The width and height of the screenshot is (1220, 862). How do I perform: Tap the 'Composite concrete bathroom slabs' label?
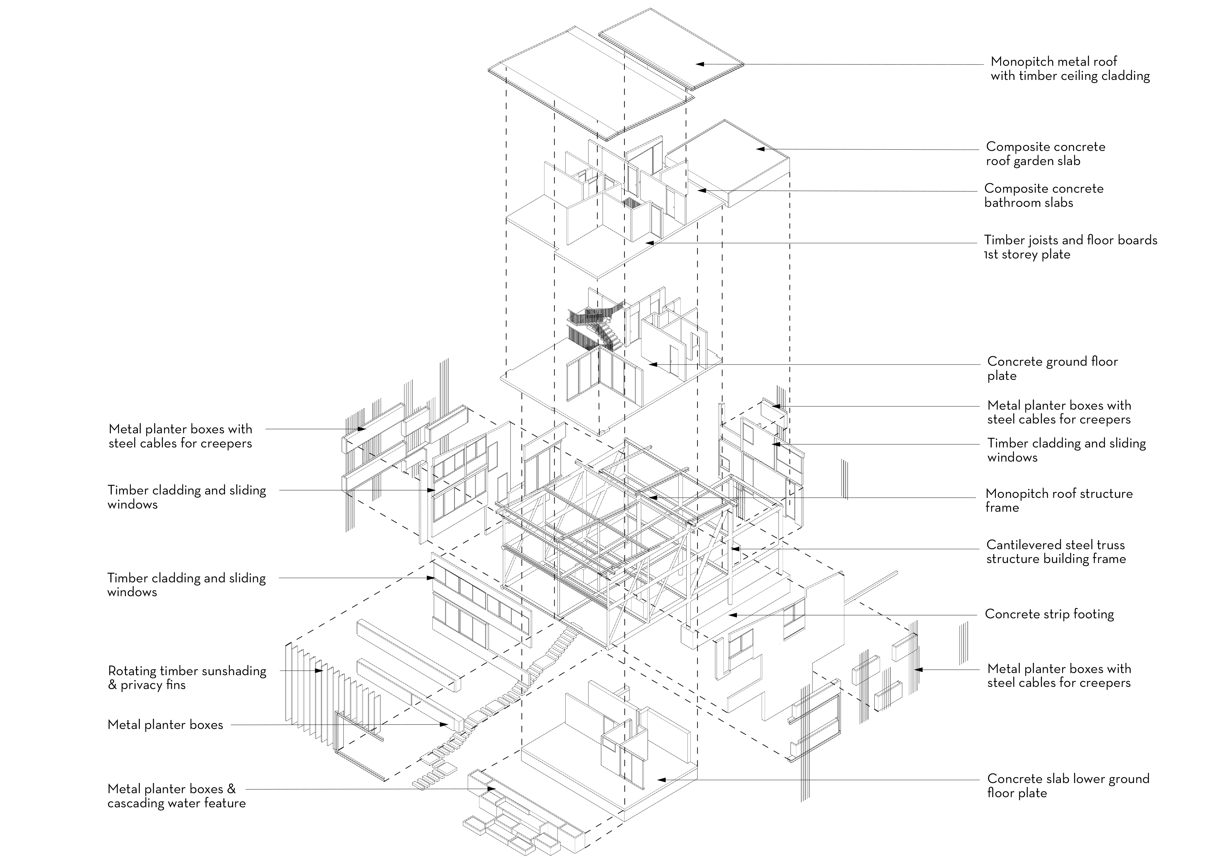(x=1044, y=195)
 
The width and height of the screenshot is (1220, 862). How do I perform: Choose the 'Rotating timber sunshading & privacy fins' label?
(x=187, y=678)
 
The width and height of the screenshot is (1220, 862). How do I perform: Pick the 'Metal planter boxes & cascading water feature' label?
(x=176, y=796)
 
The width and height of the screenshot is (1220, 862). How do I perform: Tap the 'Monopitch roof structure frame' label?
(x=1059, y=500)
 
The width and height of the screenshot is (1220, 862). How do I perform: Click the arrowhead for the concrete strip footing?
(x=732, y=615)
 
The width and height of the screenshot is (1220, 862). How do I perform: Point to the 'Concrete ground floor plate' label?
(x=1052, y=368)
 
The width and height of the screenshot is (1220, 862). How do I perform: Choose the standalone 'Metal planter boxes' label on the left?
(x=165, y=725)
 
